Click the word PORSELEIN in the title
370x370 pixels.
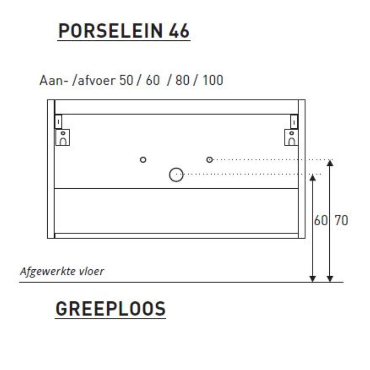click(110, 31)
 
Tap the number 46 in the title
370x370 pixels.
click(179, 31)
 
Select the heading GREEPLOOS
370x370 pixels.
click(111, 309)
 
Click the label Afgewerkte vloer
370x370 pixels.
click(62, 271)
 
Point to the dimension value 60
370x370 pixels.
click(320, 220)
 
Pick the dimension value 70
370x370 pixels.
click(340, 220)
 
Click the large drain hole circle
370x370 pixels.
click(176, 175)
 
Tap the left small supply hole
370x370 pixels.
click(143, 160)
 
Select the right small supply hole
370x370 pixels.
click(210, 160)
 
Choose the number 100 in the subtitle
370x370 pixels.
click(213, 80)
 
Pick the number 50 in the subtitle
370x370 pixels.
click(126, 80)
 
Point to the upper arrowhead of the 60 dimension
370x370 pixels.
click(313, 178)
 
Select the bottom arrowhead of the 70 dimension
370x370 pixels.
click(330, 279)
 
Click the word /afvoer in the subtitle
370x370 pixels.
click(94, 80)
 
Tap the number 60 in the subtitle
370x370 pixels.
click(152, 80)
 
